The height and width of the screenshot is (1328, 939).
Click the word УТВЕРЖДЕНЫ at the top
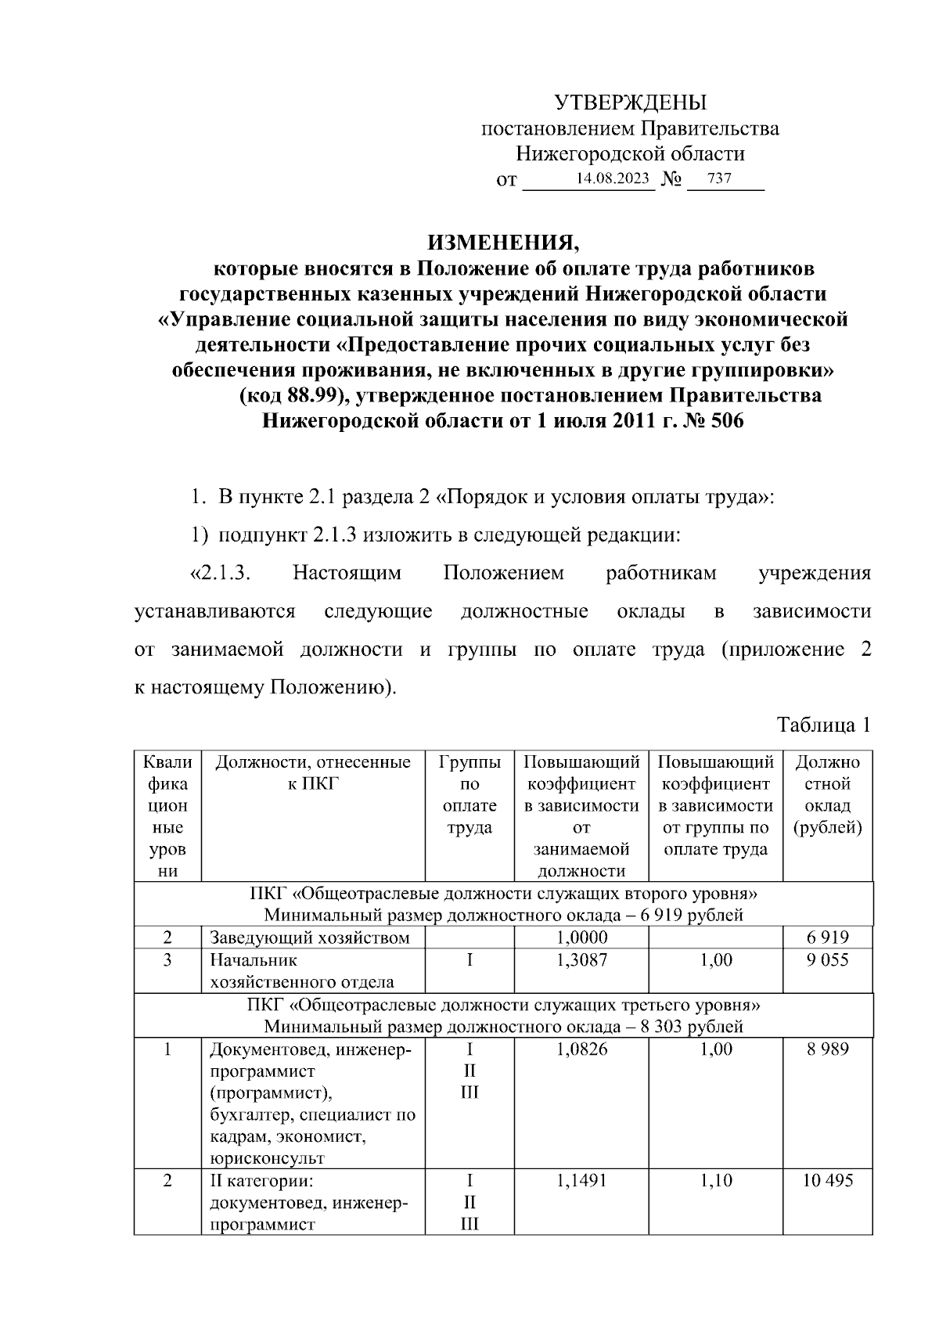[630, 103]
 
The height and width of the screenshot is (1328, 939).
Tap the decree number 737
[718, 178]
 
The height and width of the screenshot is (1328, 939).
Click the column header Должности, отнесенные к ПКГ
[313, 772]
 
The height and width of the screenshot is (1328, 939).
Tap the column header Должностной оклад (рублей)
[828, 794]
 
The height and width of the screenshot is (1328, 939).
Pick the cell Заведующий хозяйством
[309, 938]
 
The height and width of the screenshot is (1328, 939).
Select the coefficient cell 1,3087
[581, 959]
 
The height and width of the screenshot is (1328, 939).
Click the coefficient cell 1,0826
[581, 1049]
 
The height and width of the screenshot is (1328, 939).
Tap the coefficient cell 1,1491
[581, 1180]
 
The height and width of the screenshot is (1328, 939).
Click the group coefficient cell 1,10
[716, 1180]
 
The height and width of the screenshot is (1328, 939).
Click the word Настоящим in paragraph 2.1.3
[347, 573]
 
